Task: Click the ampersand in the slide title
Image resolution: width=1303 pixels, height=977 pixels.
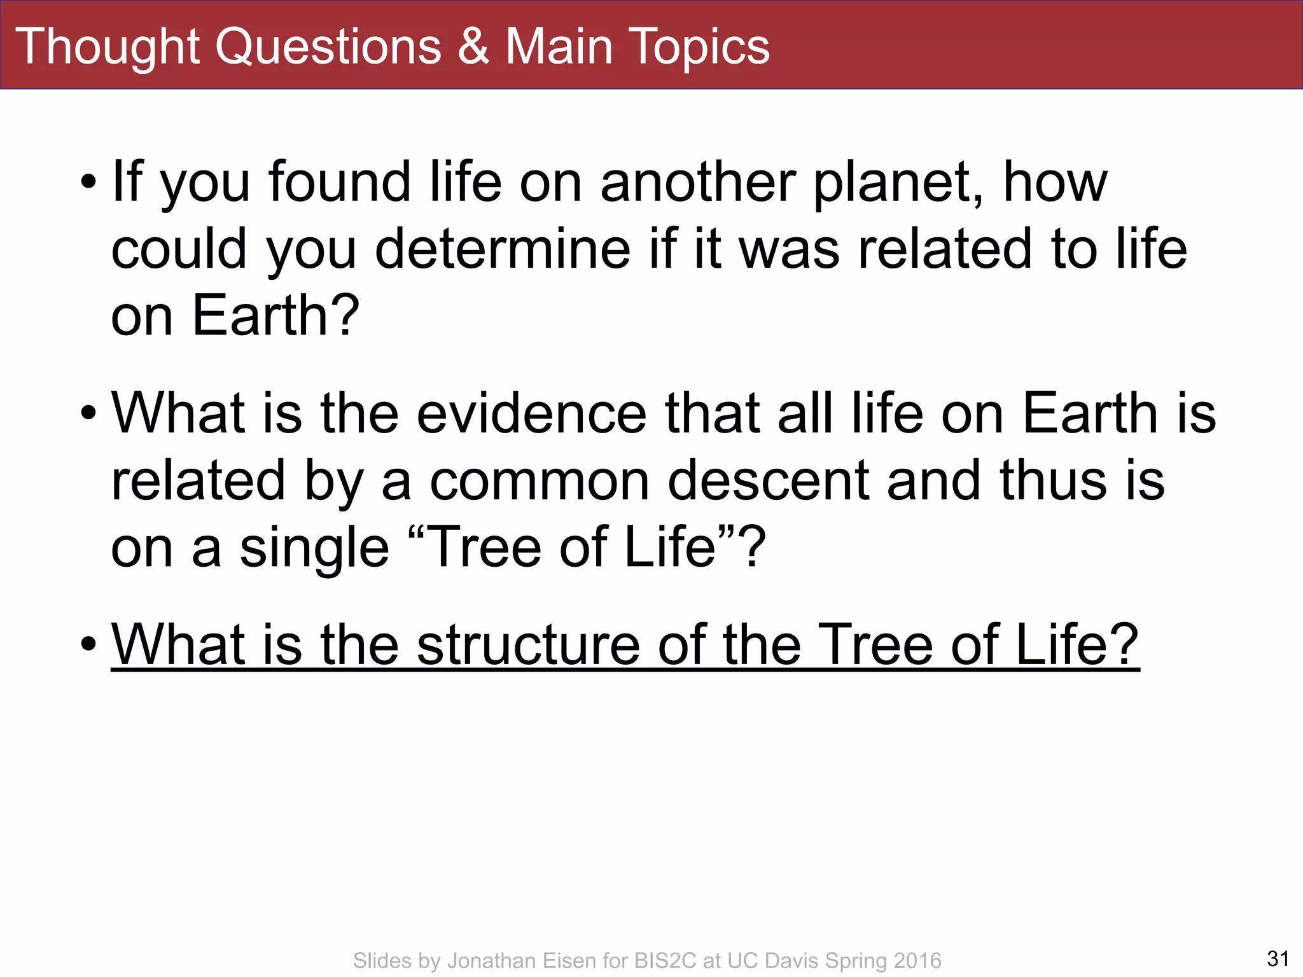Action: pyautogui.click(x=474, y=47)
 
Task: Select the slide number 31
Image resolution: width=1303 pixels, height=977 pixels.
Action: pyautogui.click(x=1278, y=958)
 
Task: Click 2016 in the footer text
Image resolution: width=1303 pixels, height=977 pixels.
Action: pyautogui.click(x=917, y=960)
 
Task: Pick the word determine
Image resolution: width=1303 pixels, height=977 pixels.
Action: pyautogui.click(x=503, y=249)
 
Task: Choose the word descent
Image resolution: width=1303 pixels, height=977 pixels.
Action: pyautogui.click(x=768, y=481)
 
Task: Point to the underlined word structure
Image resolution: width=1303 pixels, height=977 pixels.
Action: pyautogui.click(x=528, y=645)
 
